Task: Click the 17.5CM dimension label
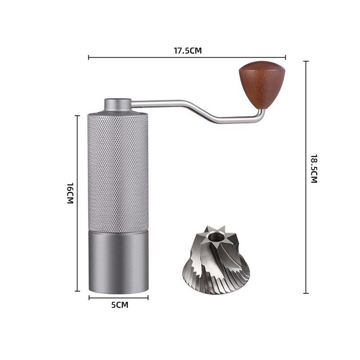pos(188,50)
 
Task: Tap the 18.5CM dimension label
pos(314,169)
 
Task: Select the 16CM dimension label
pos(70,193)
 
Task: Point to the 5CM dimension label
pos(120,305)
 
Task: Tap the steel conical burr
pos(216,261)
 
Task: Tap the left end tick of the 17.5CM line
pos(89,57)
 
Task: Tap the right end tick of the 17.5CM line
pos(286,57)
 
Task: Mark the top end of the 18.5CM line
pos(306,61)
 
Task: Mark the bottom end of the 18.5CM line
pos(306,293)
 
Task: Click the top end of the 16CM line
pos(77,116)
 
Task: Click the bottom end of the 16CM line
pos(77,291)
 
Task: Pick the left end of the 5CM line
pos(89,297)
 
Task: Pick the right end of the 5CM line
pos(148,297)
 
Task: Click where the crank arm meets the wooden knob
pos(261,110)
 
